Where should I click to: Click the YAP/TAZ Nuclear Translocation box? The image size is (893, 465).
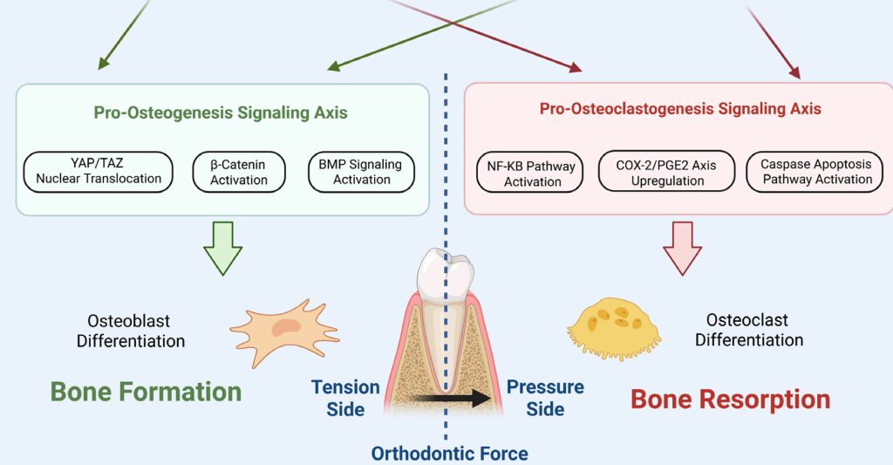(99, 171)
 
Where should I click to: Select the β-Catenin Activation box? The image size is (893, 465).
(239, 171)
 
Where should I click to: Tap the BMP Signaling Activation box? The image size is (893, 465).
(361, 171)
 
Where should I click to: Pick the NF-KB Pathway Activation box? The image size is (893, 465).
(532, 173)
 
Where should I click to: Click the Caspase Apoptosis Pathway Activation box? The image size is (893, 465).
(816, 171)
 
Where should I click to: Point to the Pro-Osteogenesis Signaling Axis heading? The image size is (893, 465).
(221, 113)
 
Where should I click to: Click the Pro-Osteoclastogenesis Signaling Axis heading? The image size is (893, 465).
(680, 109)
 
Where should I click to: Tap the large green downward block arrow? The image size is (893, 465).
(222, 248)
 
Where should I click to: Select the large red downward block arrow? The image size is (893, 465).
(683, 248)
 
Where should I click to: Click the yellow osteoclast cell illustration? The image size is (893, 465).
(616, 324)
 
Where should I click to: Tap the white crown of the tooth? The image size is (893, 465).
(446, 273)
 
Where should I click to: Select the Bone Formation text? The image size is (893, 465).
(146, 392)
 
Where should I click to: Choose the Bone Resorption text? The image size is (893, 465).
(730, 400)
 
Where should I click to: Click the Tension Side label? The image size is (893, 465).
(346, 397)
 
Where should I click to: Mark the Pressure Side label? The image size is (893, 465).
(546, 397)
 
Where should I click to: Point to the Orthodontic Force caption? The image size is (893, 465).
(449, 453)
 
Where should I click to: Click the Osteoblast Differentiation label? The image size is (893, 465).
(131, 331)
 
